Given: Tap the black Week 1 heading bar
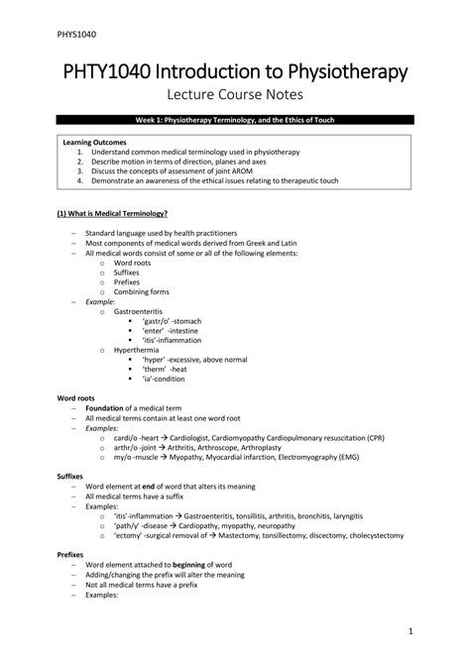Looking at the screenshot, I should (235, 120).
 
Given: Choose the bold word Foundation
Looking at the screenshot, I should (105, 407).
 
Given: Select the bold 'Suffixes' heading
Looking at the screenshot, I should (72, 476).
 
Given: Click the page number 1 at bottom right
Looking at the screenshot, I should (410, 631).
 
